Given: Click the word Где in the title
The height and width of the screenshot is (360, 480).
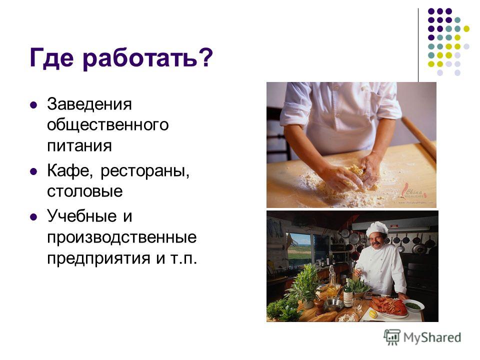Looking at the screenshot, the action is click(x=52, y=57).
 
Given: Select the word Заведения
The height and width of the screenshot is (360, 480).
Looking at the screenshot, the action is click(x=89, y=104).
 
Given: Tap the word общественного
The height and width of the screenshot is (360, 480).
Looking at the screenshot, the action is click(x=108, y=125).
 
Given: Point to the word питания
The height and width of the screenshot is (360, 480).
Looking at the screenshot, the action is click(x=79, y=145).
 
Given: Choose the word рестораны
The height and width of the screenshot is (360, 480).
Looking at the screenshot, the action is click(x=145, y=171).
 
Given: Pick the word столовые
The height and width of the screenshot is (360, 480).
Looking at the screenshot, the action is click(x=85, y=191).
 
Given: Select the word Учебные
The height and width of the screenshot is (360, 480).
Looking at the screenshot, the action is click(x=82, y=216).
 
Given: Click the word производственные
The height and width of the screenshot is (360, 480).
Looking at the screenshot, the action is click(x=122, y=237).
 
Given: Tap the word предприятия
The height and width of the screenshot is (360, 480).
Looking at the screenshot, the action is click(x=98, y=258).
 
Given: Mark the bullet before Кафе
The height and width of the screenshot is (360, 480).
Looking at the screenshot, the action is click(x=33, y=171).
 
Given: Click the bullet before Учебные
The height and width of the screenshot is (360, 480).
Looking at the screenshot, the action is click(x=33, y=217).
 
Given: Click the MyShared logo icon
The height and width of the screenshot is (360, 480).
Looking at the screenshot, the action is click(x=392, y=337).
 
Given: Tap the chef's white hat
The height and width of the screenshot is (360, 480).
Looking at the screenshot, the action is click(x=377, y=228).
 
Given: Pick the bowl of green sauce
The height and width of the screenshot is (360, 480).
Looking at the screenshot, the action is click(x=414, y=305).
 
